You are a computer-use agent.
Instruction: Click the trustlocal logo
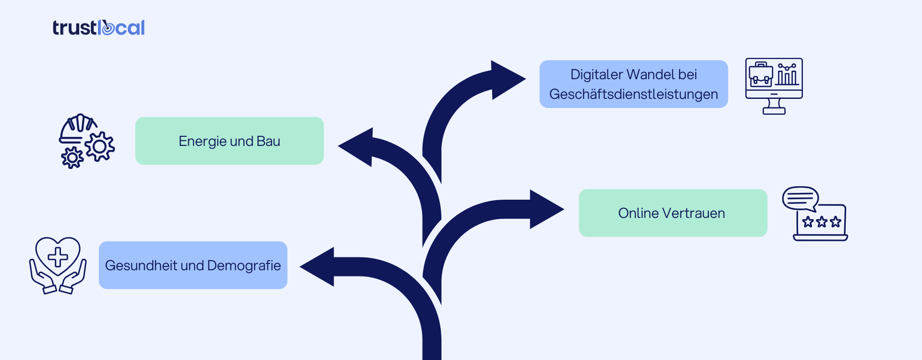pyautogui.click(x=98, y=28)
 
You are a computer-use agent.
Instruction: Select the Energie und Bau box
pyautogui.click(x=230, y=141)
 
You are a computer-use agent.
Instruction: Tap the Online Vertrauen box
pyautogui.click(x=672, y=213)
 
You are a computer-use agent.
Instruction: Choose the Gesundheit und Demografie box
pyautogui.click(x=193, y=265)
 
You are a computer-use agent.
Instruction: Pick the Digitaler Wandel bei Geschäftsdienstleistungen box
pyautogui.click(x=633, y=84)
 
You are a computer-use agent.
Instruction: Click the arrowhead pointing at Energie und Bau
pyautogui.click(x=358, y=147)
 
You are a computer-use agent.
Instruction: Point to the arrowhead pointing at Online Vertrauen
pyautogui.click(x=545, y=209)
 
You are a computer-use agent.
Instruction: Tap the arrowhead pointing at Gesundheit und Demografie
pyautogui.click(x=319, y=266)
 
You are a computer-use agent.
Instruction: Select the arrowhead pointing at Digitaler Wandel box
pyautogui.click(x=507, y=80)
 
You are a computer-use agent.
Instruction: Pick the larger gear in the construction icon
pyautogui.click(x=100, y=146)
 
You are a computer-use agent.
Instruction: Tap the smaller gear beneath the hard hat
pyautogui.click(x=73, y=157)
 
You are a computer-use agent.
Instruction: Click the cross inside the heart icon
pyautogui.click(x=58, y=257)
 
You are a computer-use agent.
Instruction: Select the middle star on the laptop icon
pyautogui.click(x=822, y=222)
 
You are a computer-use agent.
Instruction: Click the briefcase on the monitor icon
pyautogui.click(x=761, y=75)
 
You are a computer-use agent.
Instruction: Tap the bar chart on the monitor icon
pyautogui.click(x=787, y=76)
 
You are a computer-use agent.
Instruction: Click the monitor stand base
pyautogui.click(x=774, y=111)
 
